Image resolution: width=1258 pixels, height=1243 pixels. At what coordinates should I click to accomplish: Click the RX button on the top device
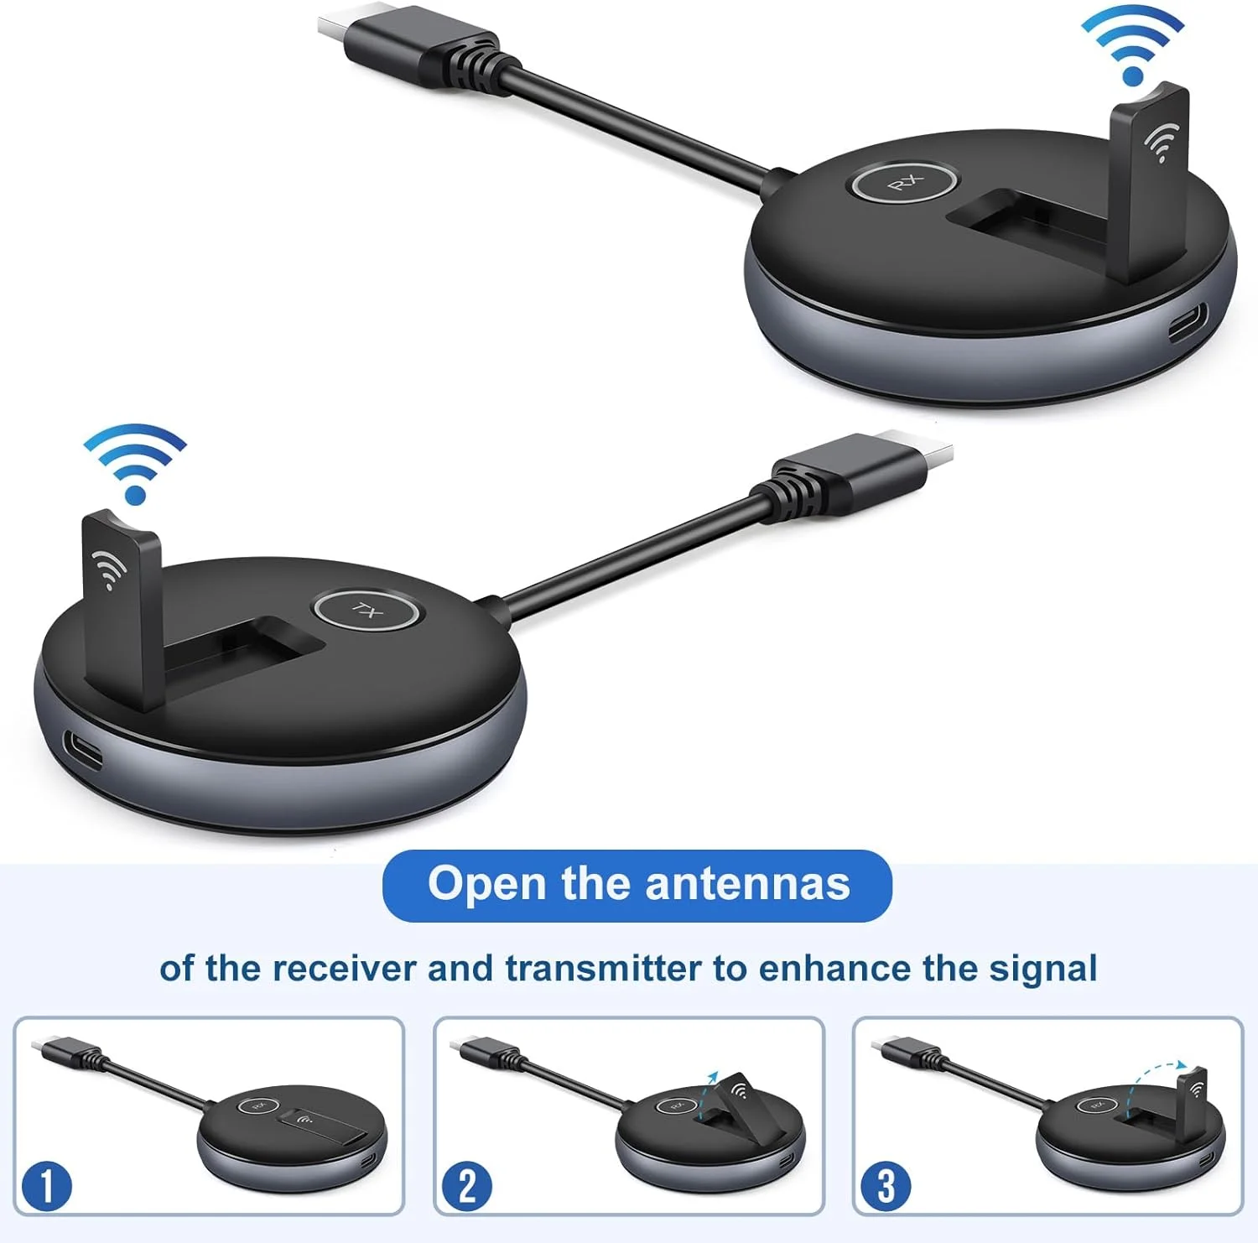click(905, 183)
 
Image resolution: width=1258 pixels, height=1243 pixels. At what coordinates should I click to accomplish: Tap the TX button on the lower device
click(366, 610)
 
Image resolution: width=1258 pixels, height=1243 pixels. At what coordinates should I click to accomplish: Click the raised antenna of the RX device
click(1148, 179)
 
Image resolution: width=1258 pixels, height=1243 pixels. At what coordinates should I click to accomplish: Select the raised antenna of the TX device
click(122, 607)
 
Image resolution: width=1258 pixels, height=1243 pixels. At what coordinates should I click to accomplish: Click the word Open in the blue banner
click(486, 885)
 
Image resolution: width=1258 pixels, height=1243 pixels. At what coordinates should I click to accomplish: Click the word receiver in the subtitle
click(344, 969)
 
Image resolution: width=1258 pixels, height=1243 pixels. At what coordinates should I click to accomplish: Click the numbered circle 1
click(46, 1186)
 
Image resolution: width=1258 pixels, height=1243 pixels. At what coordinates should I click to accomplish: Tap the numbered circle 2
click(467, 1186)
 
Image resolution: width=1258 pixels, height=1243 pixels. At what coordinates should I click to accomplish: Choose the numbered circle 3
click(886, 1186)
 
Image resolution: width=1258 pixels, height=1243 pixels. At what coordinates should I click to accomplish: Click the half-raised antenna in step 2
click(740, 1105)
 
